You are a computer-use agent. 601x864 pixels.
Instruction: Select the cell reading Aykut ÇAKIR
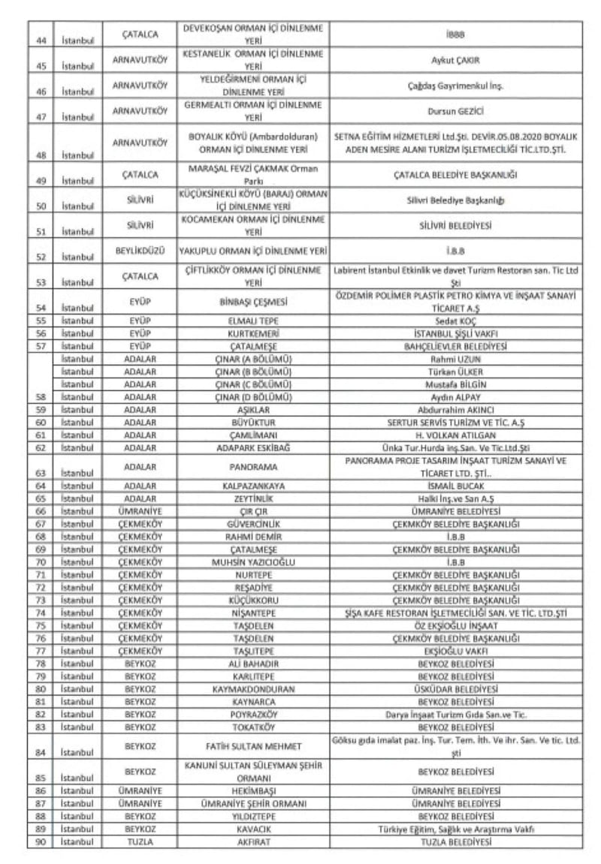point(455,59)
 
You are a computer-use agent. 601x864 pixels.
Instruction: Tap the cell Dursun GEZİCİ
point(455,110)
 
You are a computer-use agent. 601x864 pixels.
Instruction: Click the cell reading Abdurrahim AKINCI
point(455,410)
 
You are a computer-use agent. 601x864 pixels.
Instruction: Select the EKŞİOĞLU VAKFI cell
point(455,651)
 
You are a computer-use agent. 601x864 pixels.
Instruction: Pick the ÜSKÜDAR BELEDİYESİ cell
point(455,688)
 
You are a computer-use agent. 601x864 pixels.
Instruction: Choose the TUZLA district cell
point(139,841)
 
